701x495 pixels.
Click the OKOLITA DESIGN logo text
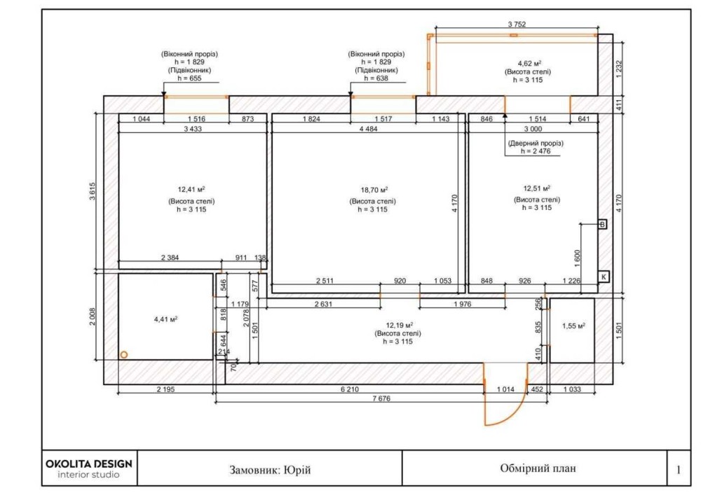[x=88, y=463]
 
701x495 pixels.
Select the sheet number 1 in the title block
[x=678, y=469]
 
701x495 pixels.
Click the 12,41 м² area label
[x=191, y=189]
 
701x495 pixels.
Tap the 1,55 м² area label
[x=573, y=326]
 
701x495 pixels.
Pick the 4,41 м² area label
[x=165, y=319]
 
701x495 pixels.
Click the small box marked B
[x=601, y=225]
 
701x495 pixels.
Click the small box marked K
[x=603, y=277]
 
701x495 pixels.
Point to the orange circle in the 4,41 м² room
[x=124, y=354]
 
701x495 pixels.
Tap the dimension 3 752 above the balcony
[x=517, y=25]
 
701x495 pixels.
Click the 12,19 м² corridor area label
[x=397, y=325]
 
